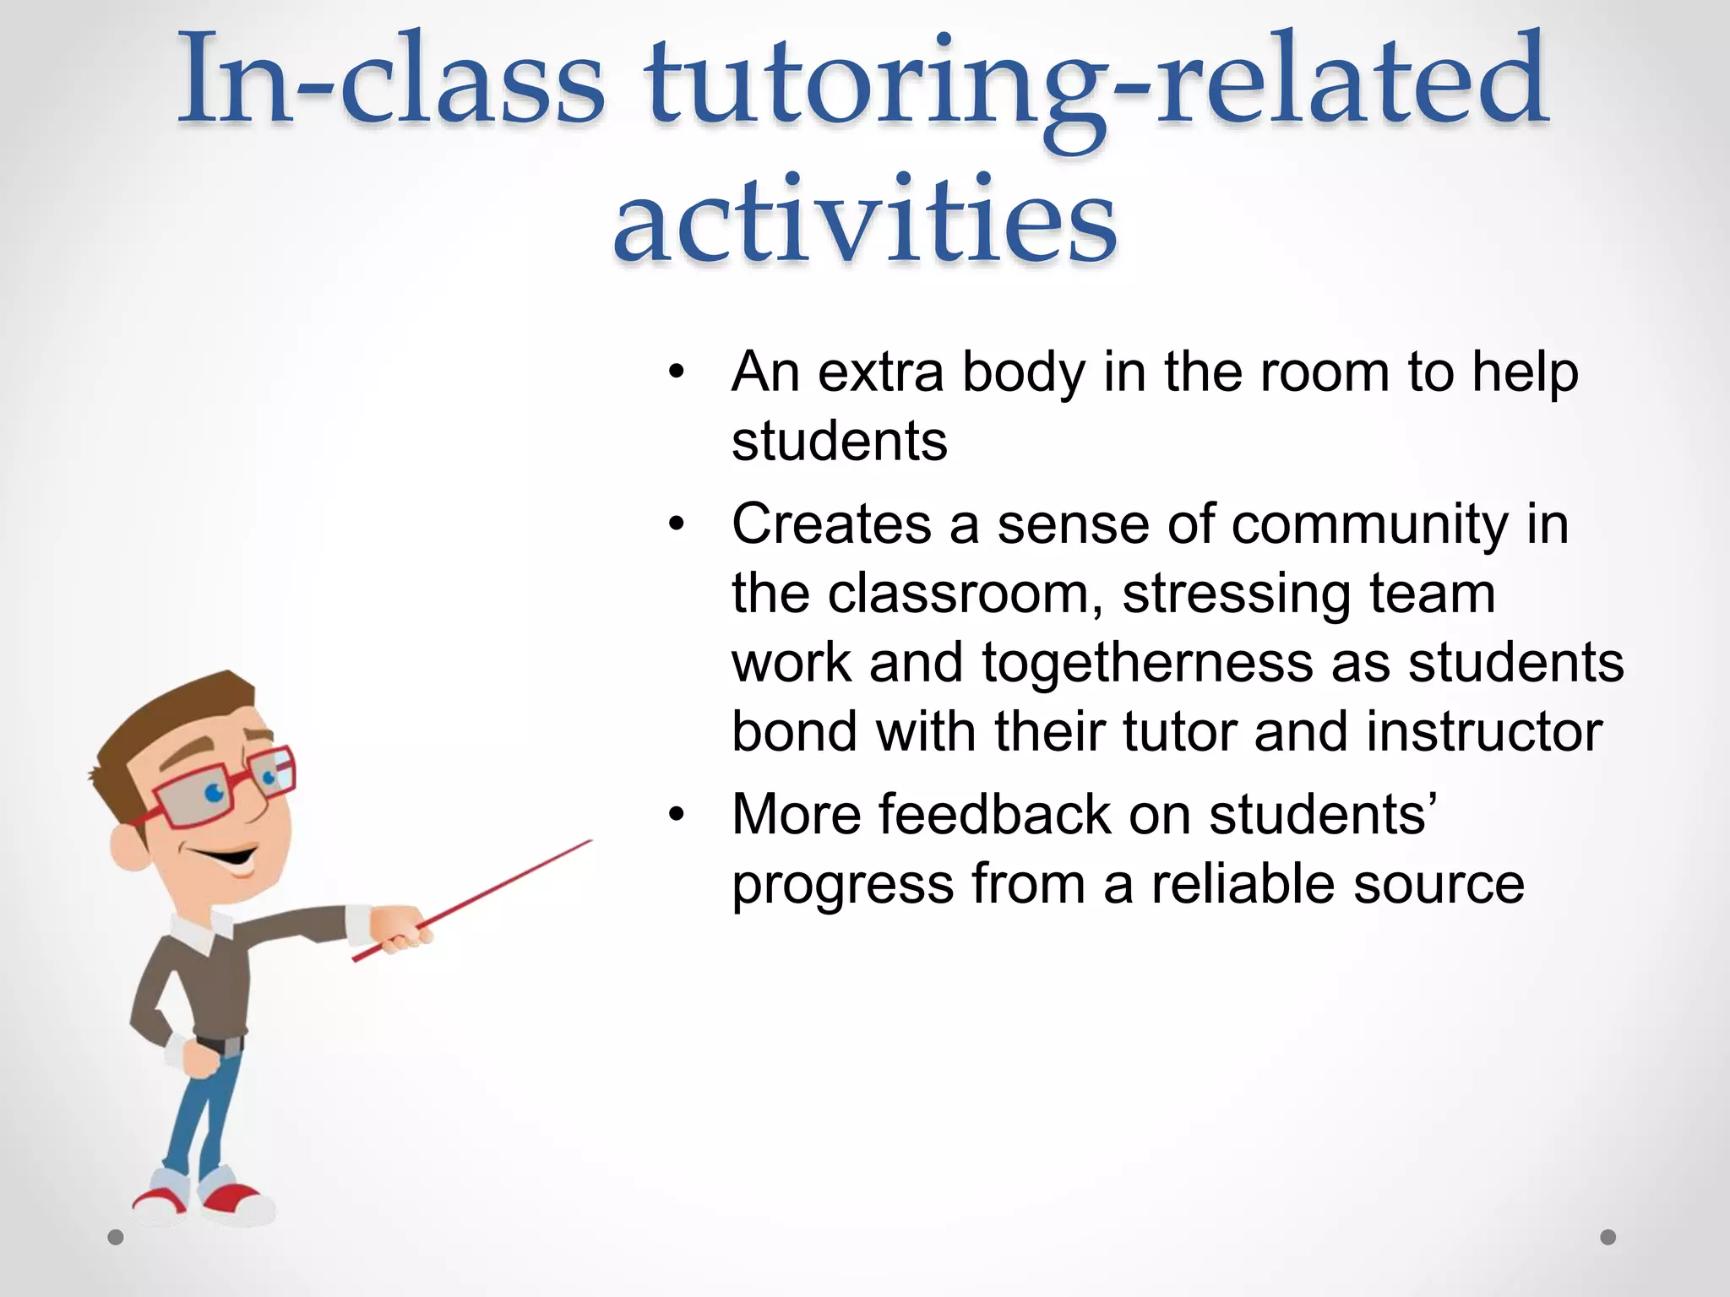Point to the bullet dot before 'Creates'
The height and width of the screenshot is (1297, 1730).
tap(675, 524)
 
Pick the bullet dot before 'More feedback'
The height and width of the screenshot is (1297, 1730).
tap(675, 815)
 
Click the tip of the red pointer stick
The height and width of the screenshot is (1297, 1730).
tap(589, 842)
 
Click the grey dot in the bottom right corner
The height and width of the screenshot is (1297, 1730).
tap(1608, 1237)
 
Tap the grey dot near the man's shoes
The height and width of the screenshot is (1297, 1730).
tap(116, 1238)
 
